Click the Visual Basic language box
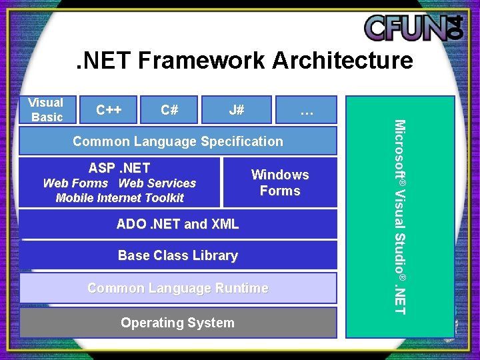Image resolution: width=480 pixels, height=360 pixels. click(x=45, y=110)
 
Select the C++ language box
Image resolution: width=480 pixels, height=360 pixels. click(x=109, y=110)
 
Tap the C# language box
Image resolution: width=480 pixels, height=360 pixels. click(x=169, y=110)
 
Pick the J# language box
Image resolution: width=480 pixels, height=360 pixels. click(x=236, y=110)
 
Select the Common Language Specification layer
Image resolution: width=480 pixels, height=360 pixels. click(x=178, y=141)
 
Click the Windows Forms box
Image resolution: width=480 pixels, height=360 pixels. click(x=280, y=183)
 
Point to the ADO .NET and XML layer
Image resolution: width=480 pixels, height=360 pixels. click(x=178, y=224)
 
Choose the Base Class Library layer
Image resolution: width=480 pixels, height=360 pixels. click(x=178, y=255)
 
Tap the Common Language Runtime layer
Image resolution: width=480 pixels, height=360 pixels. click(x=178, y=288)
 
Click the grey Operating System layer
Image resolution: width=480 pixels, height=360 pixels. click(x=178, y=323)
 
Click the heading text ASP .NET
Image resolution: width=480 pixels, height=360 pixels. click(x=119, y=168)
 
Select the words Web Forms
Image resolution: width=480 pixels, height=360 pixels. click(x=75, y=183)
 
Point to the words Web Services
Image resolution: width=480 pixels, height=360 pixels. click(x=157, y=183)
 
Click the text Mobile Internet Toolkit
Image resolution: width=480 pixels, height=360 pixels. click(x=120, y=198)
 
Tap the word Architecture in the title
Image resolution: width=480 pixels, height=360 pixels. click(x=343, y=61)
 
